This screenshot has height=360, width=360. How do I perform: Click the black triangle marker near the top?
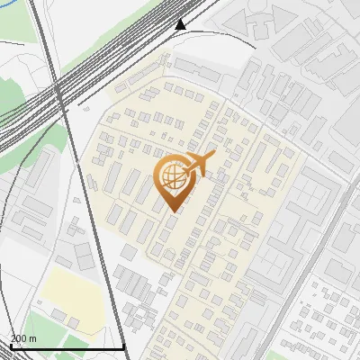click(181, 24)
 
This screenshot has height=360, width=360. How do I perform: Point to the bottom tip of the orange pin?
click(172, 211)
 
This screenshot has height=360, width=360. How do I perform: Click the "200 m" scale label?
click(22, 338)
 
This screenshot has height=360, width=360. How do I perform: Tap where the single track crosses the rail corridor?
click(59, 90)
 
